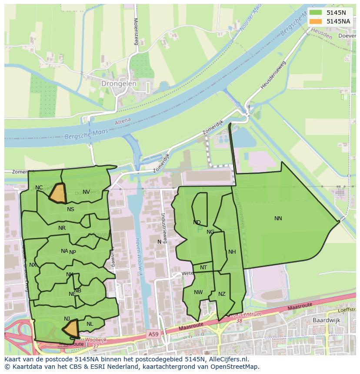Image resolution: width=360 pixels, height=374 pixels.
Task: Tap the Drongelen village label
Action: pos(119,83)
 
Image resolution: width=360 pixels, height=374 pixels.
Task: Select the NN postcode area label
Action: pos(278,218)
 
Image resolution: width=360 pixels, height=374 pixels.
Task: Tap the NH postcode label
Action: pos(232,252)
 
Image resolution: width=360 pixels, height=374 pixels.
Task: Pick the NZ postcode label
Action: pos(222,294)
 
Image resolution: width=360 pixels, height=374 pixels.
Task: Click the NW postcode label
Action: pos(198,292)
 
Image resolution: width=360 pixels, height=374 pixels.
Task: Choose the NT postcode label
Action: pos(203,268)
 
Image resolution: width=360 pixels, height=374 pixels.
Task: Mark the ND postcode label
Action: pos(197,222)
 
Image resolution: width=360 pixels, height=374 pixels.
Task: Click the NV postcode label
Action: pos(86,192)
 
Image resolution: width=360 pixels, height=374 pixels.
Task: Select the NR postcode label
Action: pos(62,228)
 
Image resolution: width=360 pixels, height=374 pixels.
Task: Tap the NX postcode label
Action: pos(33,265)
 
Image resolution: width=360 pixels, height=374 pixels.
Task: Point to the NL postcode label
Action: pos(90,324)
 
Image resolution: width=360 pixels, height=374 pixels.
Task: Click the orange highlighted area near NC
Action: pos(57,194)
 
